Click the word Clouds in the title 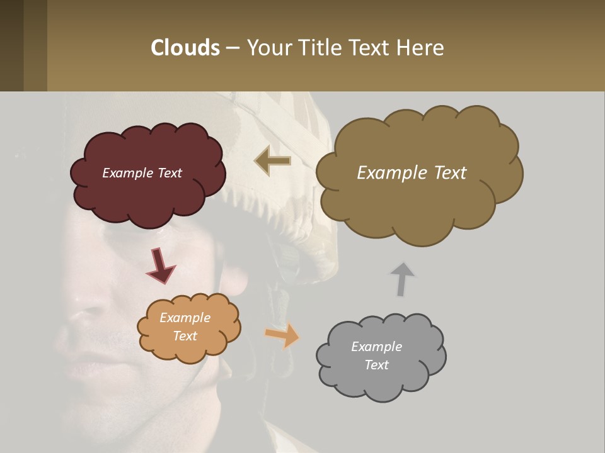point(185,47)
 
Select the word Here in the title point(422,47)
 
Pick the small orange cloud point(189,349)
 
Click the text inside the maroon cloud point(142,173)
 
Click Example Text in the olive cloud point(412,173)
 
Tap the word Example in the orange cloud point(185,318)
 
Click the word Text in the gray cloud point(376,365)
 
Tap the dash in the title point(233,48)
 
